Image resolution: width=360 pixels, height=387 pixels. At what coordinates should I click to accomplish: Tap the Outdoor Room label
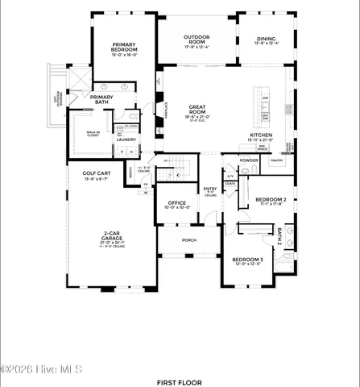click(196, 40)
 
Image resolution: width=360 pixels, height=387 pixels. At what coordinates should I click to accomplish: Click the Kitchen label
click(262, 135)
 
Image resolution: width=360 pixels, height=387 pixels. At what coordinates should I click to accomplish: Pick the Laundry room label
click(126, 139)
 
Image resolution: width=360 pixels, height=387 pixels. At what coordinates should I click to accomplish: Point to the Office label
click(176, 203)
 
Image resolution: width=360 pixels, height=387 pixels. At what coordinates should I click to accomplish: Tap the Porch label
click(188, 239)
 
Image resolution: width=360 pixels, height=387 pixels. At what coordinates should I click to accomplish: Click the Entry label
click(209, 189)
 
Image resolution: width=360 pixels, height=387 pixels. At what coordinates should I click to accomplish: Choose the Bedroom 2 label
click(271, 199)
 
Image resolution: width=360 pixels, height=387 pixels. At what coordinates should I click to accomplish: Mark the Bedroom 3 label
click(247, 260)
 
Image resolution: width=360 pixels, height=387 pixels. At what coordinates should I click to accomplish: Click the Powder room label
click(249, 160)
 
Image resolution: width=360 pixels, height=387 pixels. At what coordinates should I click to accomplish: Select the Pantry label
click(277, 160)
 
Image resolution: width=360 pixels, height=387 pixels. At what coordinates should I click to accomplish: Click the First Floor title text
click(180, 381)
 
